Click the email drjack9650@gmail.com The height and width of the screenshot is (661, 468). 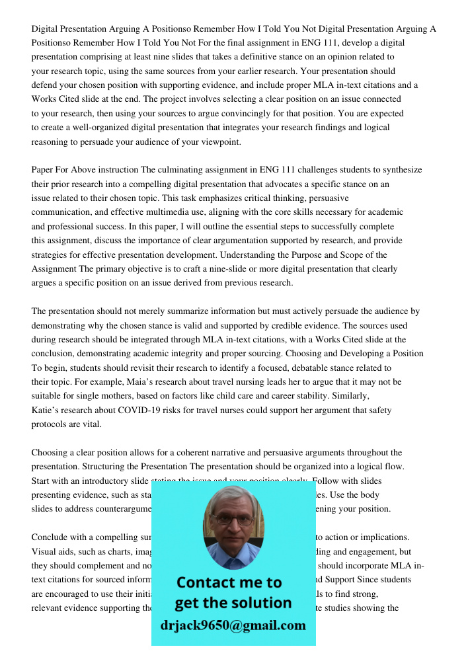pos(233,625)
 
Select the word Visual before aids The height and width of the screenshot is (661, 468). pos(45,551)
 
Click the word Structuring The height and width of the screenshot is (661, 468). pos(112,467)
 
